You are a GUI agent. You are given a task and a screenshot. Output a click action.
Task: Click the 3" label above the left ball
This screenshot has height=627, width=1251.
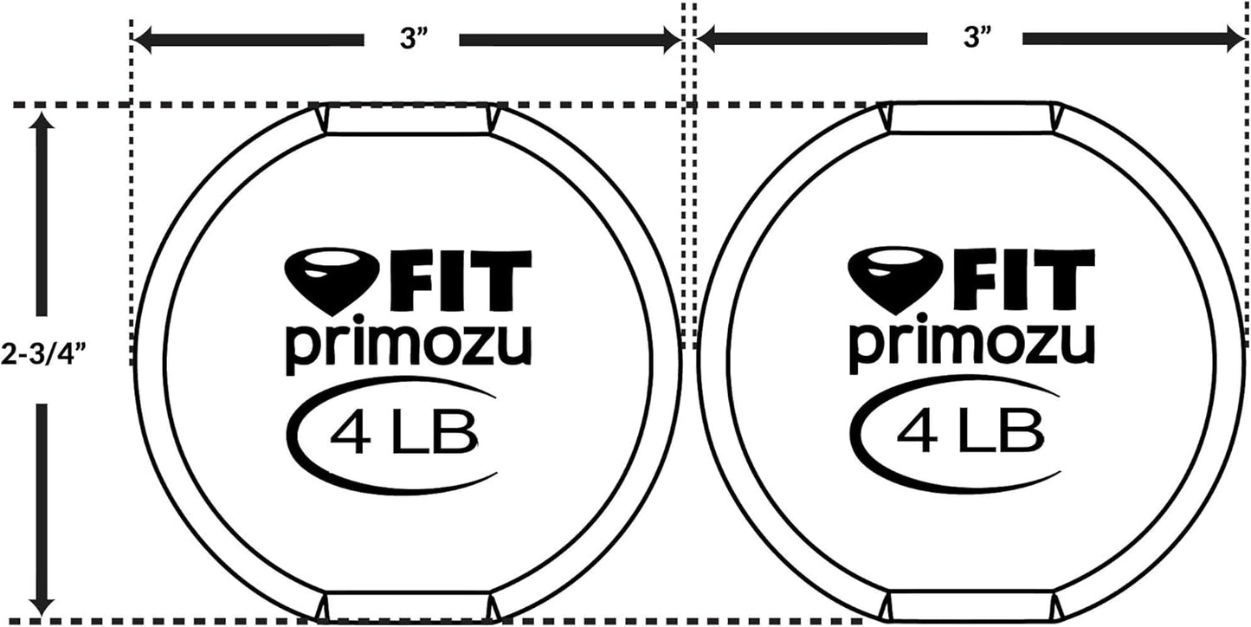410,40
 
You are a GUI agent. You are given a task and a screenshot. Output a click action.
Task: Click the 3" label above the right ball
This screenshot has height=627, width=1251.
975,40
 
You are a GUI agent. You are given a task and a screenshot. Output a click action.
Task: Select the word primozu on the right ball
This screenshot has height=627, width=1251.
971,346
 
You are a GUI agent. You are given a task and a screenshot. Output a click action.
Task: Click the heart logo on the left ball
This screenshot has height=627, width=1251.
321,280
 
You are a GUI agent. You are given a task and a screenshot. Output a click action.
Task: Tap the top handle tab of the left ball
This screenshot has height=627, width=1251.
409,120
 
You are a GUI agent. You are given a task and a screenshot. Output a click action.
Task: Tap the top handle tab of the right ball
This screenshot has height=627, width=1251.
972,119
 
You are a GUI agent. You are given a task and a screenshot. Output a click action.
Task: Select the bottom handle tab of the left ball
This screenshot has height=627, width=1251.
409,606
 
